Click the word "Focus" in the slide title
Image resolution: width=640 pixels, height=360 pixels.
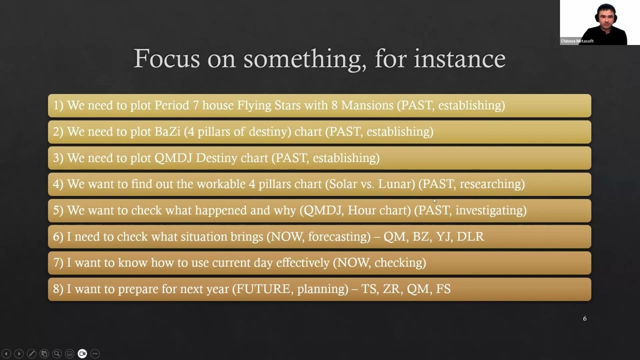[167, 59]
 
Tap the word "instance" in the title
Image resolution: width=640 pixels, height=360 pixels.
[459, 59]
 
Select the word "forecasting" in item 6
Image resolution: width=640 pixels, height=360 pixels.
[336, 236]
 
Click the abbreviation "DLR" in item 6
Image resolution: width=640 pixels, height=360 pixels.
[470, 236]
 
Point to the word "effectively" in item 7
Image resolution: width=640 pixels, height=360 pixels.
[302, 263]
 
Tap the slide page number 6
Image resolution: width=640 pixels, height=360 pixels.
[584, 318]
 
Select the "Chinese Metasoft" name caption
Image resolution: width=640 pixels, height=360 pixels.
[577, 41]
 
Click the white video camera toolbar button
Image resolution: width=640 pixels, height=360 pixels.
[82, 353]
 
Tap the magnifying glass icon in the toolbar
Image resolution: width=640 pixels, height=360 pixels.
[57, 353]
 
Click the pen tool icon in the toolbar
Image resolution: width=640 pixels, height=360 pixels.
[31, 353]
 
